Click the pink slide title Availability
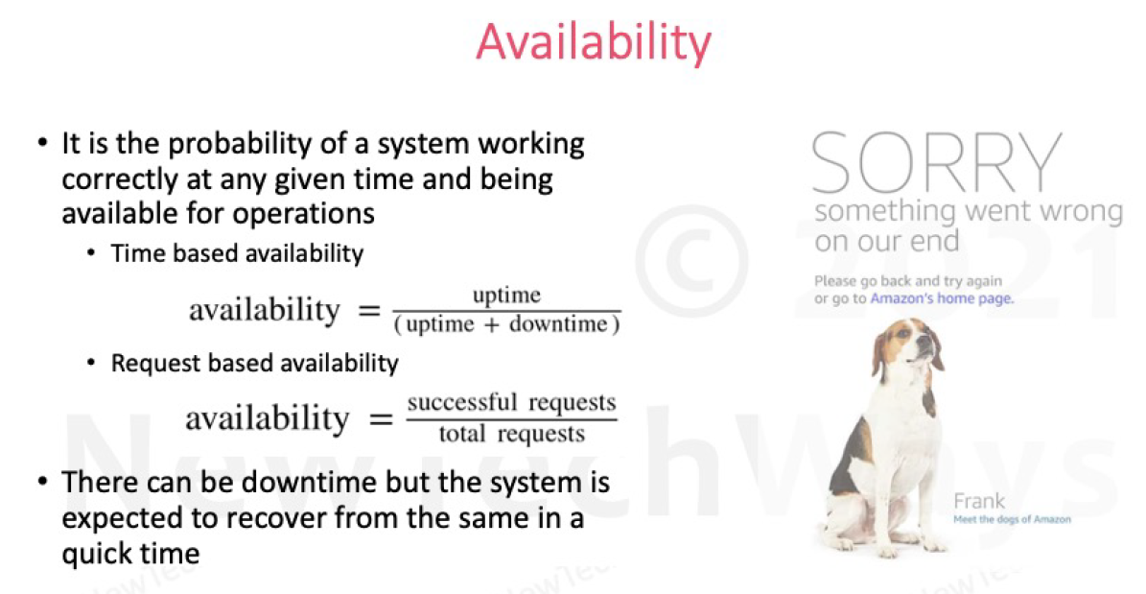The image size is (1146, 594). click(593, 43)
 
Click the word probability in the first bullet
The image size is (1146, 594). click(268, 144)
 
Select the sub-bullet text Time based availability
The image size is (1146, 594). click(238, 254)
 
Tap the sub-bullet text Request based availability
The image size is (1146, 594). click(255, 364)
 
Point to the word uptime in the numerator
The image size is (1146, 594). click(506, 297)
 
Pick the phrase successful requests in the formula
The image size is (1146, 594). click(511, 403)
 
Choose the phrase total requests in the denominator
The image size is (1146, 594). click(511, 435)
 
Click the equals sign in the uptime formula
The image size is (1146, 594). click(370, 311)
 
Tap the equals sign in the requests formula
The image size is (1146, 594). click(380, 420)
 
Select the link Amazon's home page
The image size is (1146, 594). click(942, 299)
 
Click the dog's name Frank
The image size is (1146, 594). click(978, 502)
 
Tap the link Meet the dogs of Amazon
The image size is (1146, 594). click(1012, 519)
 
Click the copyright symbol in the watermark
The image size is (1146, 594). click(692, 261)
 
